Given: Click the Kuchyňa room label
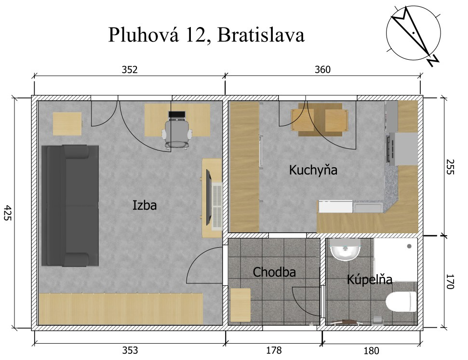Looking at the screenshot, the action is click(313, 170).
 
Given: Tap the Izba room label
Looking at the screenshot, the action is click(145, 205).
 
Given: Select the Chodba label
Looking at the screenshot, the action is click(274, 272).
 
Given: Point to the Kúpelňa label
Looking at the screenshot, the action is click(370, 279).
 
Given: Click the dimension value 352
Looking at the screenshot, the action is click(130, 69).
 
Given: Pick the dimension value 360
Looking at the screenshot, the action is click(322, 69).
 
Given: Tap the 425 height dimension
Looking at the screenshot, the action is click(7, 213).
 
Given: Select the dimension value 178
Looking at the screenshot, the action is click(274, 350).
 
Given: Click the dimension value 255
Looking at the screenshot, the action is click(450, 167).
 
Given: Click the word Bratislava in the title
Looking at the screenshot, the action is click(261, 35).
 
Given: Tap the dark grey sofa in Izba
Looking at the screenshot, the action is click(70, 206).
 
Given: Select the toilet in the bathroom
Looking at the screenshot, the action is click(401, 302).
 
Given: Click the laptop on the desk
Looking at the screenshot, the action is click(177, 115).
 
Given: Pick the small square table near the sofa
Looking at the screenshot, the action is click(67, 123).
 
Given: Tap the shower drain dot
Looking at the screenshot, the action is click(409, 246).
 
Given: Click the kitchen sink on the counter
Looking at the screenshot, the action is click(368, 207).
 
